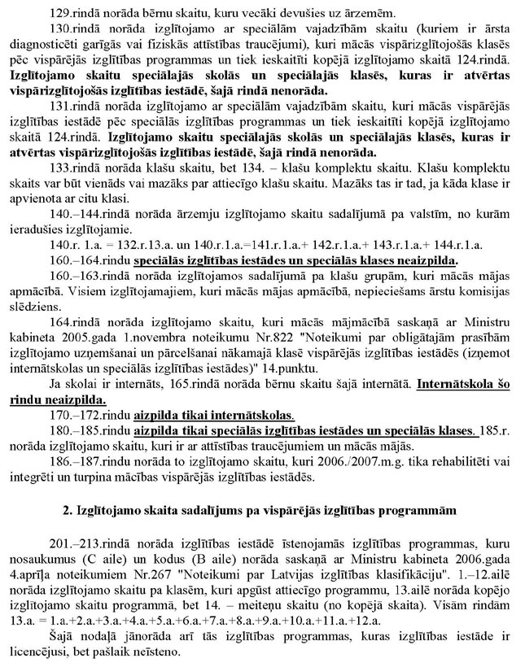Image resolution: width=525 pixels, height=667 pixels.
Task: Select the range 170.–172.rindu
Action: [x=103, y=434]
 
